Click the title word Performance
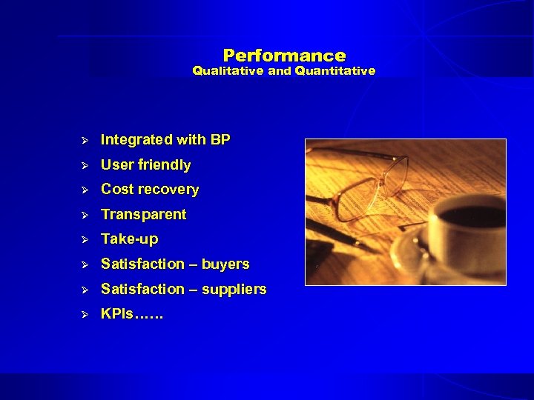pyautogui.click(x=284, y=56)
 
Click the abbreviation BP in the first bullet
pyautogui.click(x=220, y=139)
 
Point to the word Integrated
pyautogui.click(x=136, y=139)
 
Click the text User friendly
pyautogui.click(x=145, y=164)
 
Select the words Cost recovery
pyautogui.click(x=150, y=189)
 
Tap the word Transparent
pyautogui.click(x=143, y=214)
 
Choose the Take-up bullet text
pyautogui.click(x=129, y=239)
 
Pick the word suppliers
pyautogui.click(x=234, y=289)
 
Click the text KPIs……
pyautogui.click(x=132, y=313)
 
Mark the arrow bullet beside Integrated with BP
pyautogui.click(x=85, y=140)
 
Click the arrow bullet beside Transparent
pyautogui.click(x=85, y=215)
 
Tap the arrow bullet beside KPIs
pyautogui.click(x=85, y=314)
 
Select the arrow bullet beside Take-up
pyautogui.click(x=85, y=239)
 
